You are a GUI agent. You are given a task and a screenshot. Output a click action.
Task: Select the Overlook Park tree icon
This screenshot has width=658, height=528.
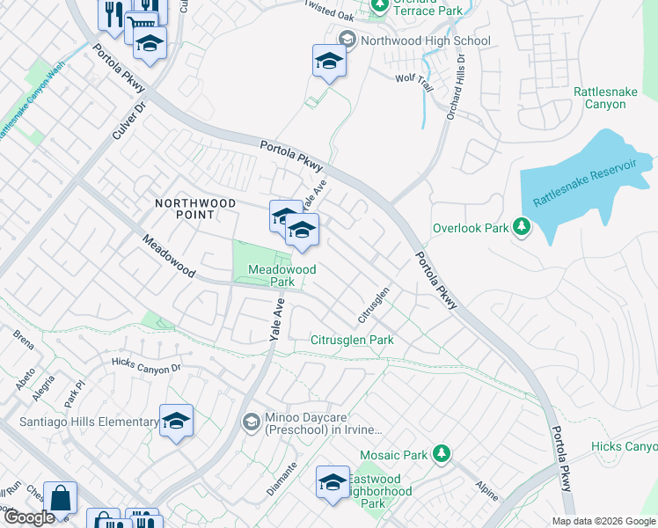(522, 228)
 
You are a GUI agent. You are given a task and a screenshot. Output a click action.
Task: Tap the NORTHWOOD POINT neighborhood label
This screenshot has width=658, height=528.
(195, 209)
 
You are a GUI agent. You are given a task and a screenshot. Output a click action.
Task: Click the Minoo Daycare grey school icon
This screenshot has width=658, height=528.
(251, 423)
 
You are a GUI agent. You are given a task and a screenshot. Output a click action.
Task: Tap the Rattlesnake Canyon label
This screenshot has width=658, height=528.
(611, 98)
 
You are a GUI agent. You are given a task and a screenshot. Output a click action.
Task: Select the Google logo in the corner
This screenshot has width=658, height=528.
(28, 517)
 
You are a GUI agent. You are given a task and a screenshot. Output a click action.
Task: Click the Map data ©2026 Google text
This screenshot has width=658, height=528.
(603, 521)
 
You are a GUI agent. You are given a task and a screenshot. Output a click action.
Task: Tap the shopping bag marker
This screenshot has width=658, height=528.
(61, 498)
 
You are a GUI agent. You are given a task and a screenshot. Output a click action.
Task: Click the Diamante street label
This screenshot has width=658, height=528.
(282, 483)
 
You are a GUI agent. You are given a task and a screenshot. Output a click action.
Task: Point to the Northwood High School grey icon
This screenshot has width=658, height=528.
(347, 40)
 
